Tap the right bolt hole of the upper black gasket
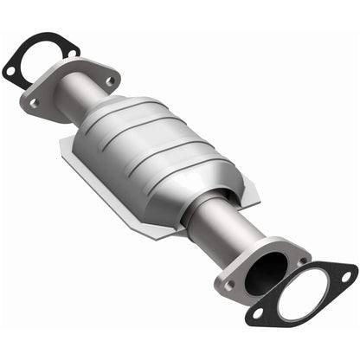pos(68,53)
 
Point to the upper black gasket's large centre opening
pos(40,54)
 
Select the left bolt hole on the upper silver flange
pos(34,102)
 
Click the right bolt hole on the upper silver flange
pos(110,81)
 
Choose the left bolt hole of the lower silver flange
pos(228,283)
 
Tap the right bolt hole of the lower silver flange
pos(303,260)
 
